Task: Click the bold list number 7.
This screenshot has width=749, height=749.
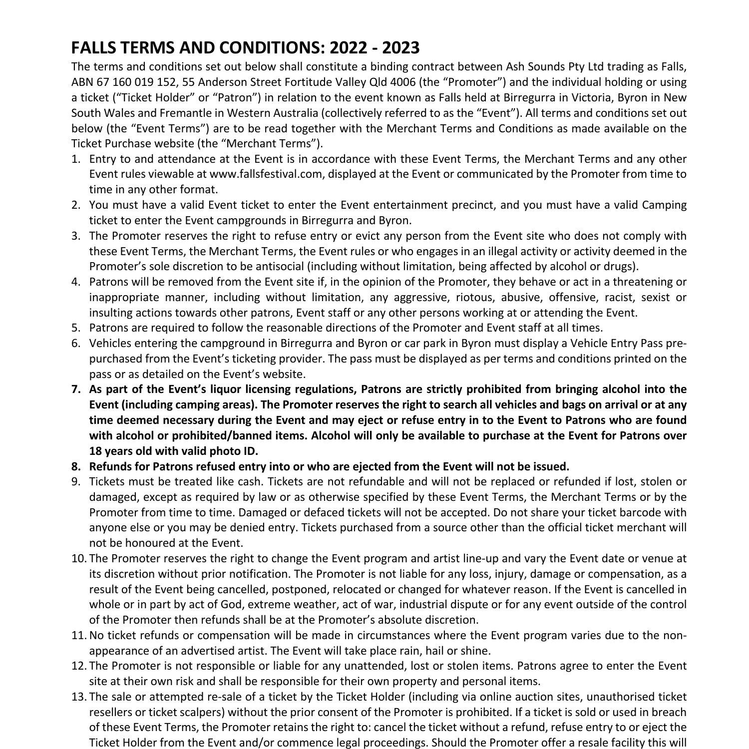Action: tap(76, 389)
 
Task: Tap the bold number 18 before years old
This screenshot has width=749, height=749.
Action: tap(96, 451)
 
